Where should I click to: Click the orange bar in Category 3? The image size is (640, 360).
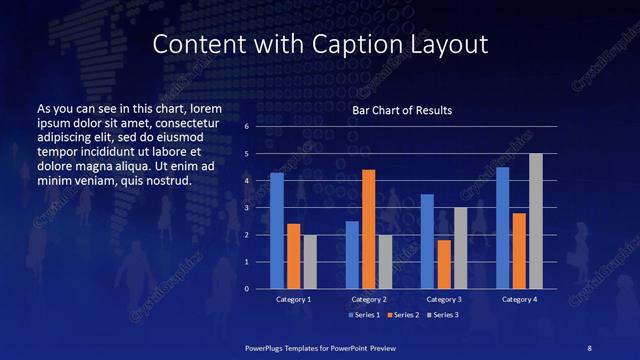(444, 263)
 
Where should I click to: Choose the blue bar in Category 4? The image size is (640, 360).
(503, 227)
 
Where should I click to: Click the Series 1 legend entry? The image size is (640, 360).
(363, 315)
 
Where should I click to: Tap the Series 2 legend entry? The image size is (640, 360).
(401, 315)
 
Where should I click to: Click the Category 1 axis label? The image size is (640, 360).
(294, 299)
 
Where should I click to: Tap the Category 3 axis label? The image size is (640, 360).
(444, 299)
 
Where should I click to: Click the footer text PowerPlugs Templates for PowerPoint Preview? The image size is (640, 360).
(321, 346)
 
